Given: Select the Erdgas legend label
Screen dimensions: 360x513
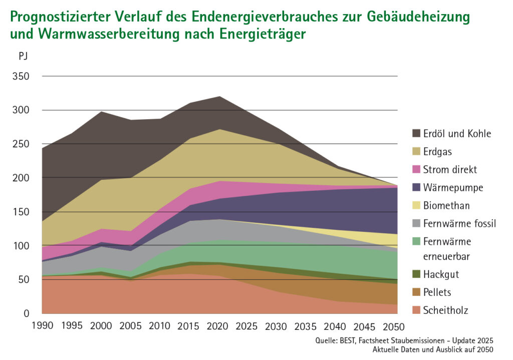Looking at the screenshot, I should (x=437, y=151).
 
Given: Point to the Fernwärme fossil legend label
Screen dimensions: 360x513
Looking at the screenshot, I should (x=459, y=223).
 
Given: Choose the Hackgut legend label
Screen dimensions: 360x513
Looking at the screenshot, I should (x=441, y=274).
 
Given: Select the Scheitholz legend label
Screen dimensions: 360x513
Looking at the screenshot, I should (x=445, y=310).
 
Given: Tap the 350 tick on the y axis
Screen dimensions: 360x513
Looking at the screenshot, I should (x=21, y=76).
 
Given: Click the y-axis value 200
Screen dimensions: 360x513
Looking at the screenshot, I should (x=21, y=178).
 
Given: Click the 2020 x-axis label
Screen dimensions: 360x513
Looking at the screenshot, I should (x=218, y=326).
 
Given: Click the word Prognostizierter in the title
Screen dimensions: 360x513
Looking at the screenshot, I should (x=60, y=17).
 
